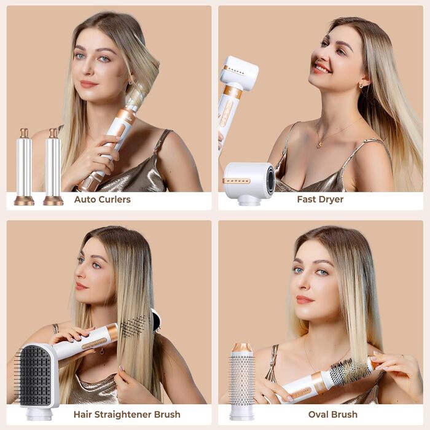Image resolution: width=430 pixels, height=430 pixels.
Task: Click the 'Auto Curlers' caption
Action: [102, 199]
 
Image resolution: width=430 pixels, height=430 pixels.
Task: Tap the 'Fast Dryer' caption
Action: [320, 199]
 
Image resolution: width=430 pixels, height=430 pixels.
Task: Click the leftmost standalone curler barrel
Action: [24, 167]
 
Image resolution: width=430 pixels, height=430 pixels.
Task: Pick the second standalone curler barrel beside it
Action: [53, 167]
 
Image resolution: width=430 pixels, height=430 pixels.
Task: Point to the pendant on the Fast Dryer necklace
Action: [319, 145]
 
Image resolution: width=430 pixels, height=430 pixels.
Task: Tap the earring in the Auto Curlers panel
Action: [130, 81]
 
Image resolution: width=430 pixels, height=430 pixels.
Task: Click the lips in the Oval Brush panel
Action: [305, 299]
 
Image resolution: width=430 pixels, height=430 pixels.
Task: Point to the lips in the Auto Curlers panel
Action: [88, 84]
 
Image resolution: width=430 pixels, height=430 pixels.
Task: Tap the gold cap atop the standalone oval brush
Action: [241, 348]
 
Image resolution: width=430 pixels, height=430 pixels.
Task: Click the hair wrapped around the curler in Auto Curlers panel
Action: [136, 95]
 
